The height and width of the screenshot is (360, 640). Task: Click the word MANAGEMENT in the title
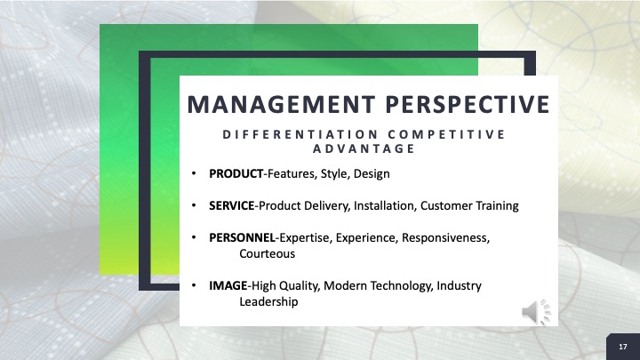[x=281, y=105]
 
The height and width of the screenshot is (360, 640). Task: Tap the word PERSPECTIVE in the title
[x=468, y=105]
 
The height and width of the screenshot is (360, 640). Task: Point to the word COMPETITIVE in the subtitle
[x=446, y=134]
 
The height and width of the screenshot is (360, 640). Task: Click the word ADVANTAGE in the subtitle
[x=364, y=148]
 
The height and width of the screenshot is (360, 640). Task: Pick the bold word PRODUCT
[x=236, y=174]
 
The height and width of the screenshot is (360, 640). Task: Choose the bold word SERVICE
[x=231, y=205]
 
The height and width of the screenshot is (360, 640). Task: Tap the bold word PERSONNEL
[x=242, y=237]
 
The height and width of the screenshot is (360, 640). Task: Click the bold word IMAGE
[x=228, y=285]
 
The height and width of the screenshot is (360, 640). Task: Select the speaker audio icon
[x=536, y=312]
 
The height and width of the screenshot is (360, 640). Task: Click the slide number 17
[x=623, y=347]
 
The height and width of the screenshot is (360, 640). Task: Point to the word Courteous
[x=267, y=254]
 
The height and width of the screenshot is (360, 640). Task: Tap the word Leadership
[x=268, y=302]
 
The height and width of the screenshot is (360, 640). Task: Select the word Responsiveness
[x=445, y=238]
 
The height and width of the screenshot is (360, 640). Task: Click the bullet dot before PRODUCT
[x=194, y=174]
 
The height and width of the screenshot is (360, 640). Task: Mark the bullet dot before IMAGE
[x=194, y=285]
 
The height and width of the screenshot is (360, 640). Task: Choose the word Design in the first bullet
[x=372, y=174]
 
